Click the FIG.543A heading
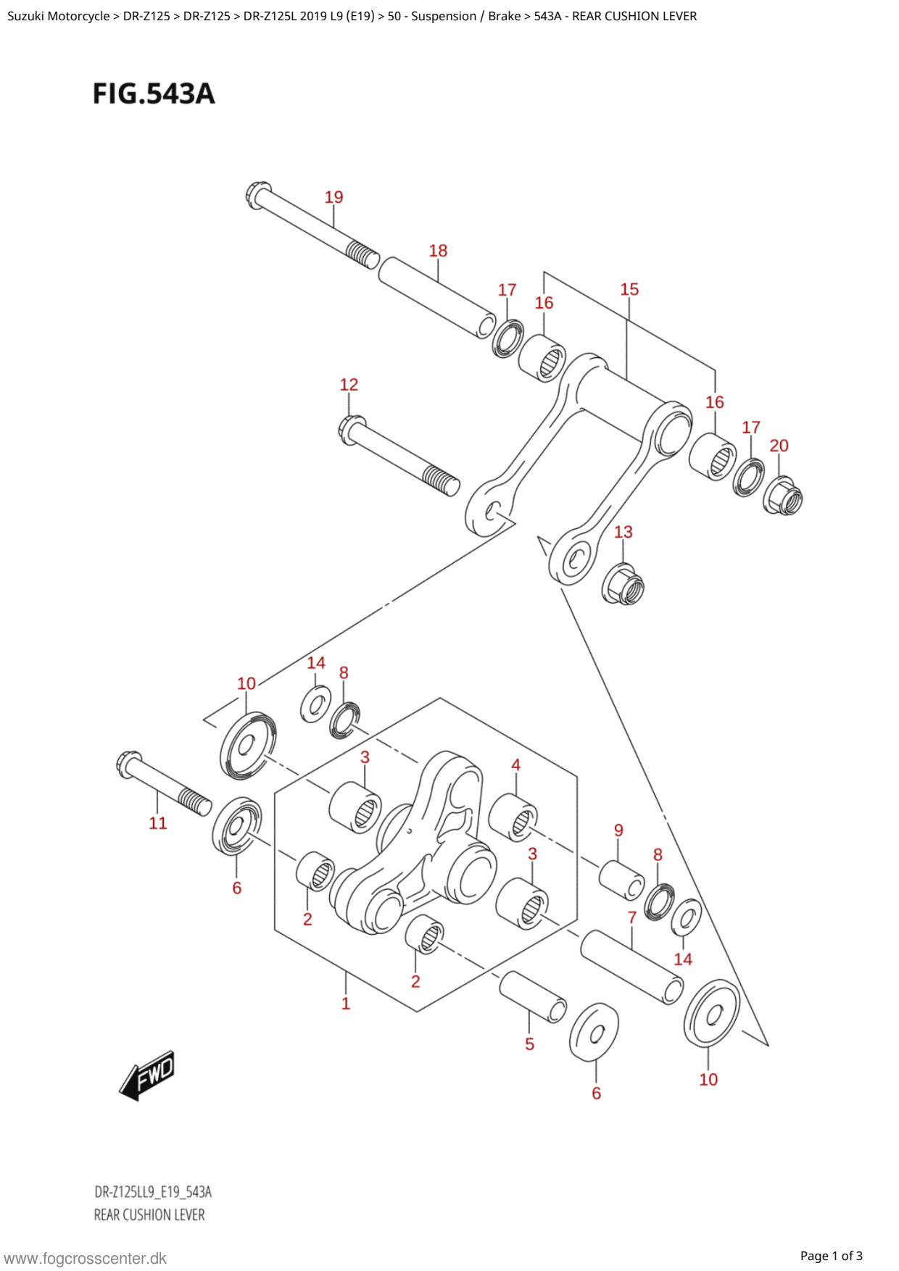(x=154, y=93)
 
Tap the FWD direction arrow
(x=147, y=1075)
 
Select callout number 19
(x=333, y=197)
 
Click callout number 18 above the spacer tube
(x=438, y=251)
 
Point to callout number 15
(x=629, y=289)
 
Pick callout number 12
(x=349, y=385)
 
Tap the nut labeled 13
(x=623, y=583)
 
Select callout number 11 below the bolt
(x=158, y=823)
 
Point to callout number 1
(x=346, y=1004)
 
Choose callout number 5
(x=529, y=1044)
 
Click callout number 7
(x=631, y=917)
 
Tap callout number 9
(x=618, y=830)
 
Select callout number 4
(x=515, y=765)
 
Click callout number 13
(x=623, y=532)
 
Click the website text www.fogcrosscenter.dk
(x=86, y=1259)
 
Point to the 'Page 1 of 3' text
(x=831, y=1256)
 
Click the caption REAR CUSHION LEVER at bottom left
(x=149, y=1214)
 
